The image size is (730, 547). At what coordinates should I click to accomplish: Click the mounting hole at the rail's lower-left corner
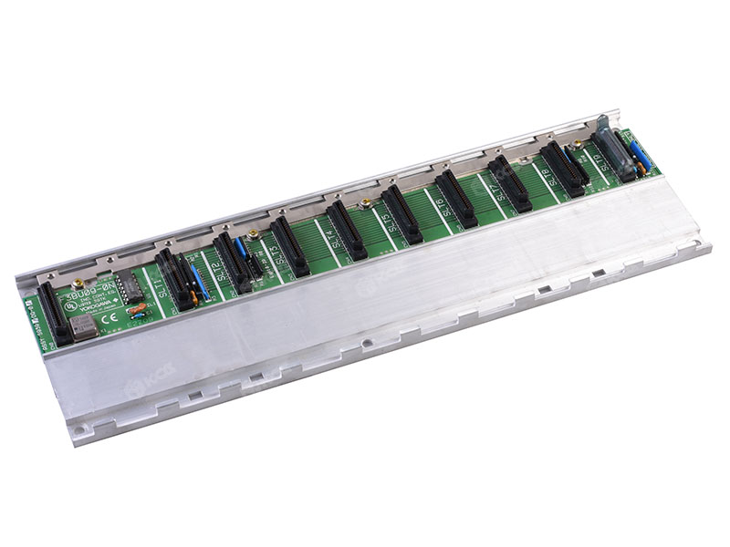coord(83,425)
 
